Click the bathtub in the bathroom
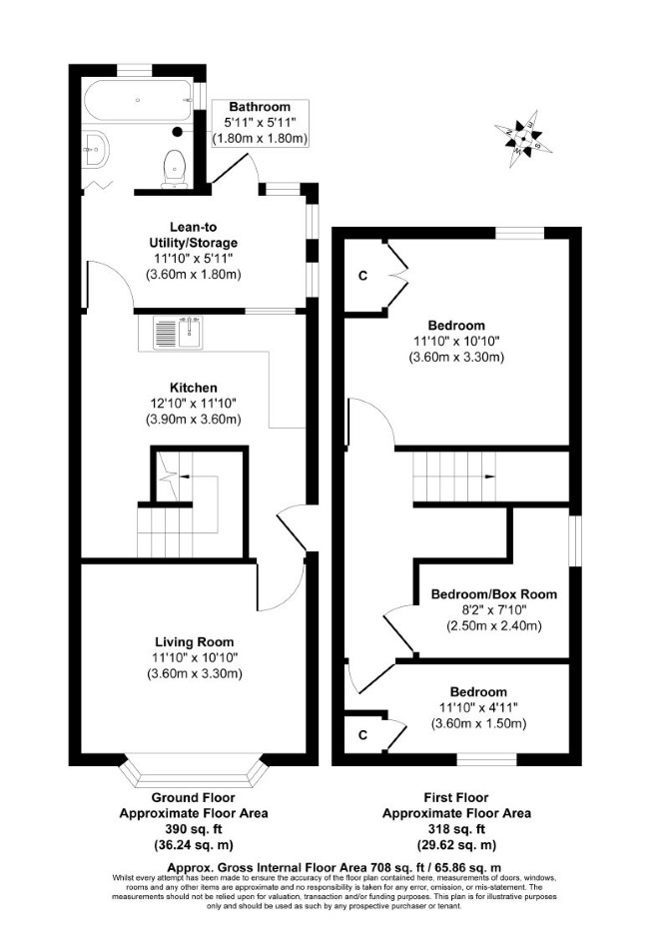pyautogui.click(x=138, y=100)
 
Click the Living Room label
pyautogui.click(x=194, y=642)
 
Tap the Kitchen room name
pyautogui.click(x=194, y=388)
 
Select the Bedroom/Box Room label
pyautogui.click(x=494, y=594)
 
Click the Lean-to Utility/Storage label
pyautogui.click(x=194, y=235)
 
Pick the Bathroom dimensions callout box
pyautogui.click(x=260, y=123)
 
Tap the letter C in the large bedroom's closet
pyautogui.click(x=362, y=276)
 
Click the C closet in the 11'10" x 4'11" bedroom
pyautogui.click(x=362, y=735)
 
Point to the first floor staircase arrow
pyautogui.click(x=489, y=476)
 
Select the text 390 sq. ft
pyautogui.click(x=194, y=829)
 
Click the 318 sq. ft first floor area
pyautogui.click(x=456, y=829)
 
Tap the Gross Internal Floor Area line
pyautogui.click(x=334, y=867)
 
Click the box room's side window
pyautogui.click(x=576, y=541)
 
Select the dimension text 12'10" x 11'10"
pyautogui.click(x=194, y=404)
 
